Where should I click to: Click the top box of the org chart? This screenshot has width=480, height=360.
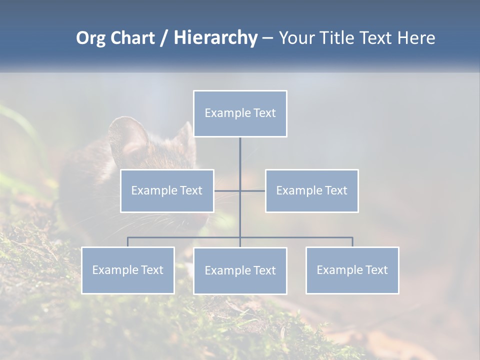[240, 113]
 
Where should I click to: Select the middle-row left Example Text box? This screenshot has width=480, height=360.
[167, 190]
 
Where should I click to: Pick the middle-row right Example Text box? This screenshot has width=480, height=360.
[311, 190]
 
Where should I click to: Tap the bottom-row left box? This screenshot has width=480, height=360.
[128, 270]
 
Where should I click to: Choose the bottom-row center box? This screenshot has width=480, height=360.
[240, 270]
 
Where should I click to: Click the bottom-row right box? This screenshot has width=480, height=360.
[352, 270]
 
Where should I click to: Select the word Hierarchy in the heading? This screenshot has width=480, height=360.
[215, 38]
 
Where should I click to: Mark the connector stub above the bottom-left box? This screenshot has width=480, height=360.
[128, 242]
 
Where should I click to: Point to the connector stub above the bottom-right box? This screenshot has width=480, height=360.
[352, 242]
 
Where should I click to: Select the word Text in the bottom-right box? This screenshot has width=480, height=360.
[376, 270]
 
